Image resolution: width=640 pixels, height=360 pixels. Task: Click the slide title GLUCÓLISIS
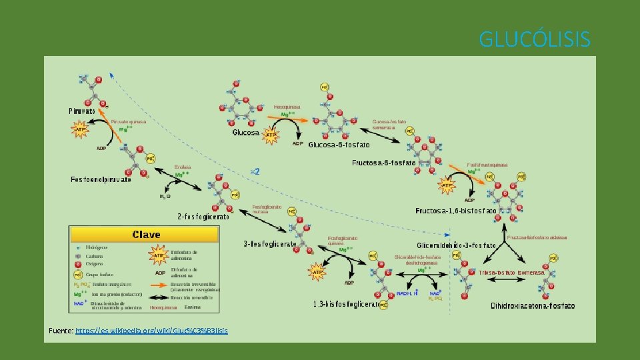click(x=535, y=40)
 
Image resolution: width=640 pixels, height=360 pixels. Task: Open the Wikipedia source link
click(x=151, y=331)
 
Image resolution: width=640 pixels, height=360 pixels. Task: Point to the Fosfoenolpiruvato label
click(x=101, y=179)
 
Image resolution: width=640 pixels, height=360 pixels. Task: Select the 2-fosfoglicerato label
click(x=203, y=216)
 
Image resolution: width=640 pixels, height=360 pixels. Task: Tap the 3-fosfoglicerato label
click(x=270, y=244)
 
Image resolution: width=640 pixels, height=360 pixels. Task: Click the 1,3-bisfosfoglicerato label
click(x=347, y=304)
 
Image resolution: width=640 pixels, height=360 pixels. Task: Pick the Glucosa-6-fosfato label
click(x=339, y=145)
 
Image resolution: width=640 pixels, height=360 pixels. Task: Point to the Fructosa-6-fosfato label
click(x=384, y=163)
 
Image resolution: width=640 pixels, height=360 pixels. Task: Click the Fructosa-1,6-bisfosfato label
click(x=456, y=211)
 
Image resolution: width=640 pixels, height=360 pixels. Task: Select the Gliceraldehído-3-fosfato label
click(x=457, y=246)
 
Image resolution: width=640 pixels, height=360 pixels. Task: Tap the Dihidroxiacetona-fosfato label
click(x=533, y=306)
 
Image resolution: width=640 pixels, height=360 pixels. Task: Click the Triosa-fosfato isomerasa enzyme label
click(x=512, y=273)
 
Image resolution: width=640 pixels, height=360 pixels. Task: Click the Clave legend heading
click(x=146, y=235)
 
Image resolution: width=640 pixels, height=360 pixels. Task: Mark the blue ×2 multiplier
click(x=255, y=171)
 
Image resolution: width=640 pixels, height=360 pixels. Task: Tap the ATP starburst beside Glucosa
click(x=271, y=135)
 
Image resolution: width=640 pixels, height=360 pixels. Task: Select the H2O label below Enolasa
click(x=164, y=197)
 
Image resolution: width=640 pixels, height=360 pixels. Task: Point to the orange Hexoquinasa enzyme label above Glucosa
click(x=287, y=106)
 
